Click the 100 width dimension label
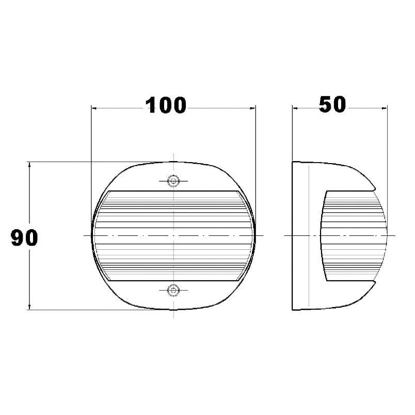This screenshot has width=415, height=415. point(166,105)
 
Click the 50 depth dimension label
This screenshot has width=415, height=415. point(332,104)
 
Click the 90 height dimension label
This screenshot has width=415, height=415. point(24,237)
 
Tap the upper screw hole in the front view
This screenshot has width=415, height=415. point(173,181)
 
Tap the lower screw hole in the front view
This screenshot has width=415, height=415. point(173,290)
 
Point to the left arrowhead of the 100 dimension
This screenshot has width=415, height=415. point(94,108)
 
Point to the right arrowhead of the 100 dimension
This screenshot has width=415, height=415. point(252,108)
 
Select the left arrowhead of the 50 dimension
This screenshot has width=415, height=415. point(296,108)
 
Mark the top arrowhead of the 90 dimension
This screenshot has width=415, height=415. point(29,165)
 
